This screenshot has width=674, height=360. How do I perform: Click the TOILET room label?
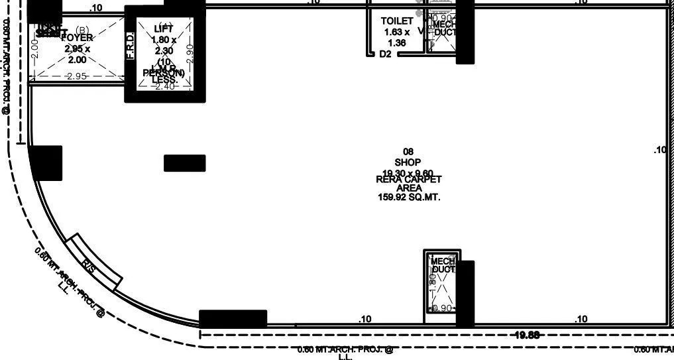pyautogui.click(x=397, y=21)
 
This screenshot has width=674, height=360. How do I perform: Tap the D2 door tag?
pyautogui.click(x=385, y=54)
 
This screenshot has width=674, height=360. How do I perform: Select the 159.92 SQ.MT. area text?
pyautogui.click(x=409, y=197)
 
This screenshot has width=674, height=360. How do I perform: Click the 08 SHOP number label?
pyautogui.click(x=408, y=152)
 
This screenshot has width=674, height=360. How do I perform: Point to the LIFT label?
pyautogui.click(x=164, y=28)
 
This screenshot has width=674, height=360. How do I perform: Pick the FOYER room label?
pyautogui.click(x=77, y=38)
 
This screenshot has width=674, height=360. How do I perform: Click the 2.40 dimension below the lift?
pyautogui.click(x=164, y=86)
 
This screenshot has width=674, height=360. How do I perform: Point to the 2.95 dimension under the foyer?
pyautogui.click(x=77, y=76)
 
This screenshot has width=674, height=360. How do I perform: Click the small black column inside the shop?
pyautogui.click(x=184, y=162)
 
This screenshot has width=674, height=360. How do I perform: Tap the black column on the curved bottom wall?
pyautogui.click(x=233, y=319)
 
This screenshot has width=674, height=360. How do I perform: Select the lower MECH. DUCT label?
pyautogui.click(x=443, y=265)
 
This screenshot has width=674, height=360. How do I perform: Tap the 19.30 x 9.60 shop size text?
pyautogui.click(x=408, y=172)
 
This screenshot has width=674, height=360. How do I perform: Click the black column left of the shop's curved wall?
pyautogui.click(x=46, y=162)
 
